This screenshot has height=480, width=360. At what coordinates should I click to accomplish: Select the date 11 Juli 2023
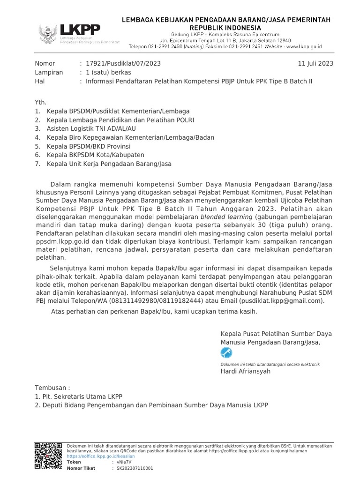315,64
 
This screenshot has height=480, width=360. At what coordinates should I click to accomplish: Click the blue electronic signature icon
226,352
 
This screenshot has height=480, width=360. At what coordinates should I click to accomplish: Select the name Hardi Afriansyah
245,371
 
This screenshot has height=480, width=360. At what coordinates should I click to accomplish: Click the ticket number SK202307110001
135,468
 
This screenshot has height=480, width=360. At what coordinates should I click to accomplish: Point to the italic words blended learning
226,217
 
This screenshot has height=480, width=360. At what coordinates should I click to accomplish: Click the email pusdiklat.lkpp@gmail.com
281,300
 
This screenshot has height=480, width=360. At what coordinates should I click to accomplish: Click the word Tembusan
52,388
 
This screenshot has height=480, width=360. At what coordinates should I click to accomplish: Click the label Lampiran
48,73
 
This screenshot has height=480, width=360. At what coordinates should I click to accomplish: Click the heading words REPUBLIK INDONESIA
226,28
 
